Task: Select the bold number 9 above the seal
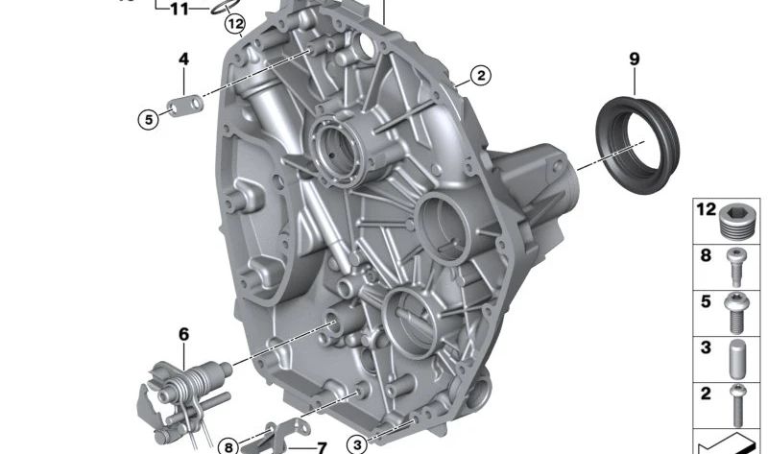tap(635, 60)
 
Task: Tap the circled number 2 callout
tap(481, 76)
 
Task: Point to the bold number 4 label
tap(183, 60)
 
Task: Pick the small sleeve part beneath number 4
tap(186, 105)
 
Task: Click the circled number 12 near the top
tap(235, 23)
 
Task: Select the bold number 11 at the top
tap(180, 9)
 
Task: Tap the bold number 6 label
tap(183, 334)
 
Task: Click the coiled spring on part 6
tap(188, 382)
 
